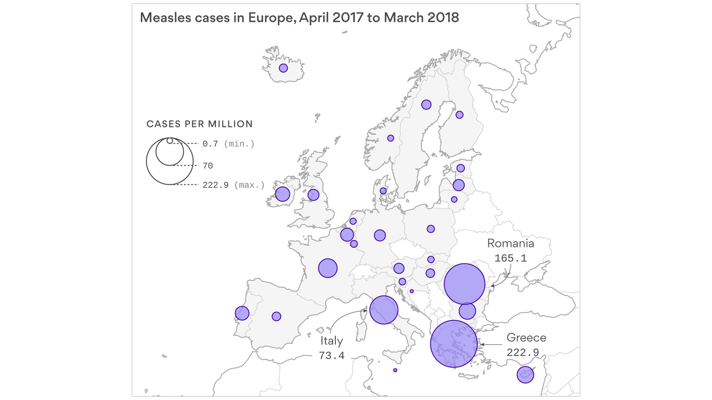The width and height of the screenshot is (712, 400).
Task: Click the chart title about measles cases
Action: [x=299, y=18]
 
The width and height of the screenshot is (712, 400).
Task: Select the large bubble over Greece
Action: [x=454, y=344]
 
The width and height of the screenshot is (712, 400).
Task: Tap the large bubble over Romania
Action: [x=464, y=284]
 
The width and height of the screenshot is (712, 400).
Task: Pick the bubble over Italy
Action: [x=384, y=310]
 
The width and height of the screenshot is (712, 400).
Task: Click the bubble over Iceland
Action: [x=283, y=68]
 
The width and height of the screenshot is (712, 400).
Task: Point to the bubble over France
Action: [x=328, y=268]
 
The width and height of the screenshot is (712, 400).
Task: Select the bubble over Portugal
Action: [x=242, y=313]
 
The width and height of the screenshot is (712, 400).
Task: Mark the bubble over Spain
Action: [x=276, y=316]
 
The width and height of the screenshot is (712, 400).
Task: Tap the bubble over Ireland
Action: [x=283, y=194]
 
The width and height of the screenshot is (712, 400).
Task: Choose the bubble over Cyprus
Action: [x=525, y=374]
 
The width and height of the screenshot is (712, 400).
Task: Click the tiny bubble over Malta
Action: [x=395, y=370]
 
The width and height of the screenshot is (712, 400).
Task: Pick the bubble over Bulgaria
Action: [x=467, y=311]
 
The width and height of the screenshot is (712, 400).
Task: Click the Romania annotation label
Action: [x=510, y=243]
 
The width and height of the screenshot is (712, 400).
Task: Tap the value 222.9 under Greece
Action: [x=523, y=353]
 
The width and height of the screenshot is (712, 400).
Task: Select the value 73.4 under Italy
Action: [x=332, y=356]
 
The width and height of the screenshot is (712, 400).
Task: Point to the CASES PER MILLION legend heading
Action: [x=200, y=124]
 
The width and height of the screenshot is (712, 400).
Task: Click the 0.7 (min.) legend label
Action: [x=228, y=144]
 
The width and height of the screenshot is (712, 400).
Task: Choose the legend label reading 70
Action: [x=207, y=166]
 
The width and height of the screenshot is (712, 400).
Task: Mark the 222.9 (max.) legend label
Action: [x=234, y=185]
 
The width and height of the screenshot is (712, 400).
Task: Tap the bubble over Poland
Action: [x=431, y=229]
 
